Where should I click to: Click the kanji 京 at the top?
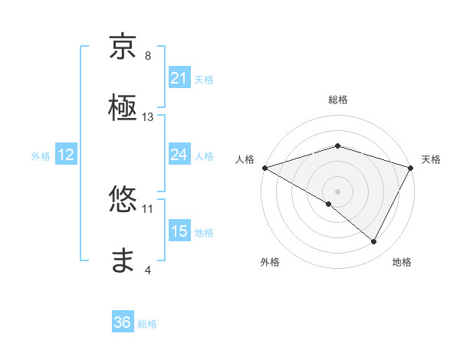point(123,47)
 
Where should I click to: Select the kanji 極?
point(123,108)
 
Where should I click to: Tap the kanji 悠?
point(123,200)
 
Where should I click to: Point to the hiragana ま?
point(123,261)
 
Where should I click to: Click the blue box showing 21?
point(179,78)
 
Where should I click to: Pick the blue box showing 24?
point(179,155)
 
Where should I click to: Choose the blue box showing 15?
point(179,231)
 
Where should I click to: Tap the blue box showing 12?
point(66,155)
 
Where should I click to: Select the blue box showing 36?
point(123,322)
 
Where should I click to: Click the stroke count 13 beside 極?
point(148,117)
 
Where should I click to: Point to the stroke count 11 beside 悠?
point(148,208)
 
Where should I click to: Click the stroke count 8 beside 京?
point(148,56)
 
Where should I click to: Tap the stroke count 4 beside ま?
point(148,270)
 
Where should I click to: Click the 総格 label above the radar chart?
point(338,100)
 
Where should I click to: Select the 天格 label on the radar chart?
point(431,159)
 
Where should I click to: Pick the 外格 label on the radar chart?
point(270,262)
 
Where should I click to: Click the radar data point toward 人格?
point(264,168)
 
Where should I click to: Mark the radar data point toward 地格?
point(374,242)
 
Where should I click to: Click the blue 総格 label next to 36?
point(147,323)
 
